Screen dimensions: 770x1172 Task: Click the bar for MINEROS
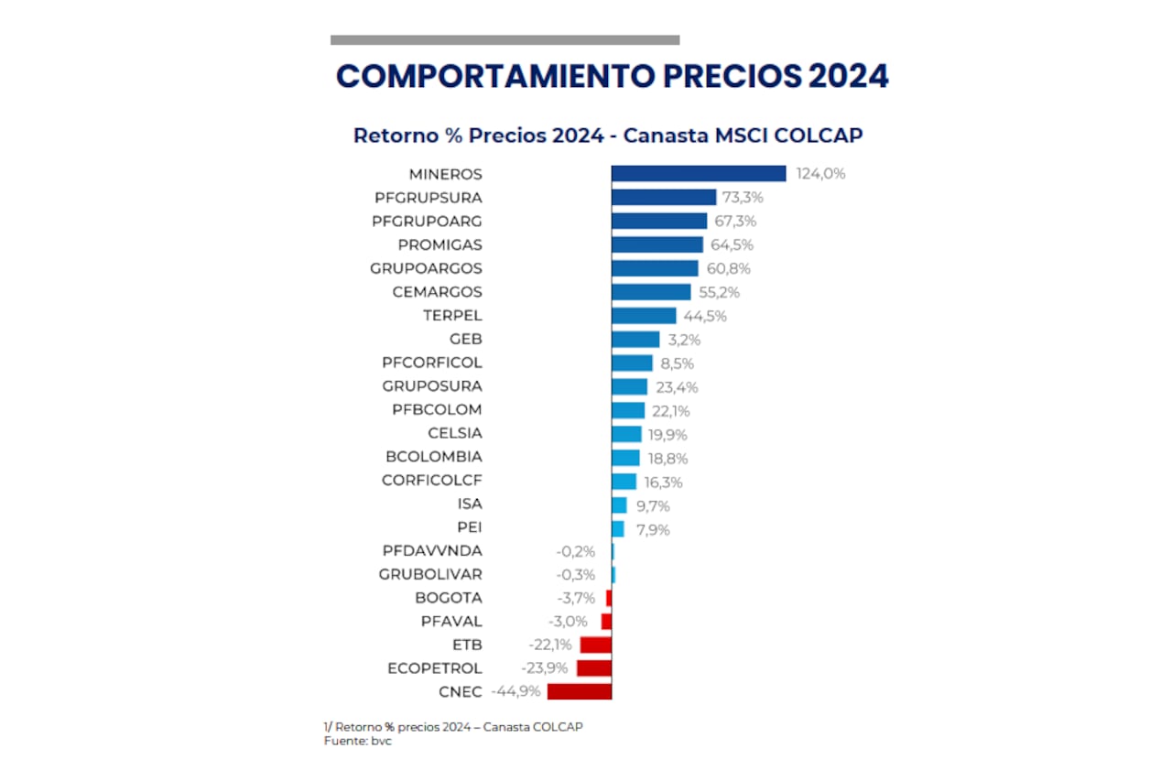699,174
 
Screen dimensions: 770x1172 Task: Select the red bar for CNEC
580,691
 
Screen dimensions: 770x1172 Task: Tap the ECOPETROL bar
594,668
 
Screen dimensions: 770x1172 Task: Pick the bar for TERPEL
644,316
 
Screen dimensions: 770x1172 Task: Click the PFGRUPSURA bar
664,197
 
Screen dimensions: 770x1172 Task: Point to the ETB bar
596,645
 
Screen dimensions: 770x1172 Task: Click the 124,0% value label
820,174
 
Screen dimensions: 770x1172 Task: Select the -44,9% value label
516,691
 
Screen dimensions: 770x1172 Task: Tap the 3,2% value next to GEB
683,340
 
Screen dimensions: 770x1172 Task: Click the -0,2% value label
575,551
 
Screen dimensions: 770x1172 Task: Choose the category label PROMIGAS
439,245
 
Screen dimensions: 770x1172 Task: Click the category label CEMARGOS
437,292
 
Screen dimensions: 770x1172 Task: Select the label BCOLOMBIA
434,457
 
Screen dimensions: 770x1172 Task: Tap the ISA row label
469,504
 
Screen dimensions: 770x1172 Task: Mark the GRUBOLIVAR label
430,574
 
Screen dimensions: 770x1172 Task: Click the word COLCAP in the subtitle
819,136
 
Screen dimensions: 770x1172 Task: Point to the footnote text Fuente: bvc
357,740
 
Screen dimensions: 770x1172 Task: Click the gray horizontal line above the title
505,40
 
